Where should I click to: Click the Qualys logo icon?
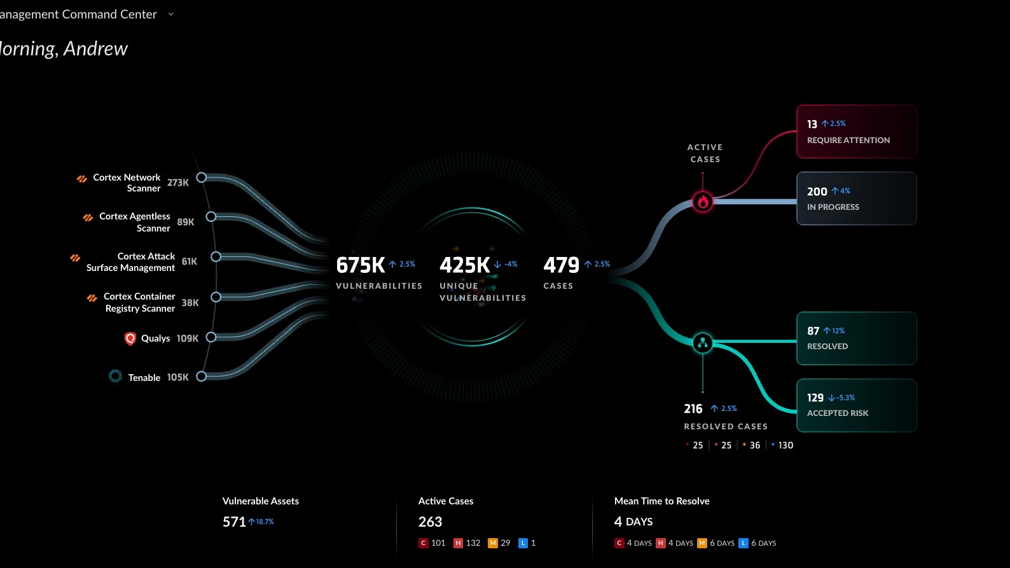[x=130, y=338]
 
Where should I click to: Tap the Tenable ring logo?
[x=115, y=377]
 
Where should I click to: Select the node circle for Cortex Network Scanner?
[x=202, y=177]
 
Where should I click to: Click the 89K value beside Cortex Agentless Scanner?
[x=186, y=222]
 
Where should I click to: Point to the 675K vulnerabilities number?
[x=361, y=265]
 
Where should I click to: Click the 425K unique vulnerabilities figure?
[x=465, y=265]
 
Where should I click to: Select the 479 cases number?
[x=561, y=265]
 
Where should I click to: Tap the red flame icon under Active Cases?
[x=703, y=202]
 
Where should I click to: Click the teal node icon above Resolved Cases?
[x=703, y=343]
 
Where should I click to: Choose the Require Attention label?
[x=848, y=141]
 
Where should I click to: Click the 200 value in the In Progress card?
[x=817, y=191]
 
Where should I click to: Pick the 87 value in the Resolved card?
[x=813, y=331]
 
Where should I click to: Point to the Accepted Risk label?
[x=838, y=413]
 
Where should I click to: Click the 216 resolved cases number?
[x=693, y=409]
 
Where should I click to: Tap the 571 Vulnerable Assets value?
[x=234, y=522]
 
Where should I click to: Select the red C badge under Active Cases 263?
[x=424, y=543]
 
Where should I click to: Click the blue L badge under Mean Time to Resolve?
[x=743, y=543]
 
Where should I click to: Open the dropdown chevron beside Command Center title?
[x=170, y=14]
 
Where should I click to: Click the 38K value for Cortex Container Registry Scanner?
[x=190, y=303]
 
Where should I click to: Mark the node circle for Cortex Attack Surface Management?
[x=216, y=257]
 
